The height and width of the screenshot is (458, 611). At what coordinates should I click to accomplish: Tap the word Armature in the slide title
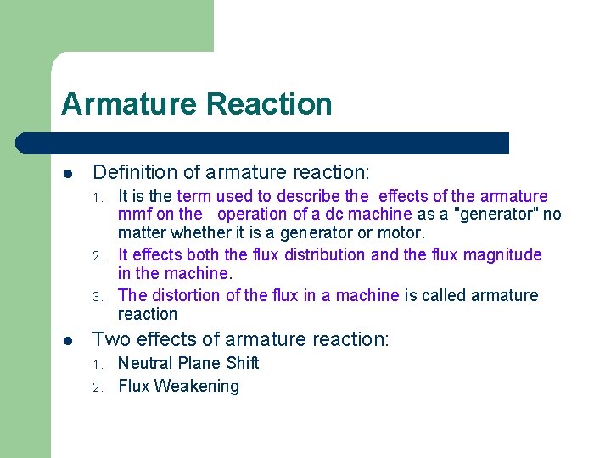click(x=129, y=104)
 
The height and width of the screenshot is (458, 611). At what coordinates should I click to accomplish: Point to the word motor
click(x=401, y=232)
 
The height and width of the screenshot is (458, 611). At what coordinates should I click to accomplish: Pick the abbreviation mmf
click(x=135, y=215)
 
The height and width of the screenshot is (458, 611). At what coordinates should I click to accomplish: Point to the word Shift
click(x=242, y=363)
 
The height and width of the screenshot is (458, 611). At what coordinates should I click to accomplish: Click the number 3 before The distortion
click(x=98, y=297)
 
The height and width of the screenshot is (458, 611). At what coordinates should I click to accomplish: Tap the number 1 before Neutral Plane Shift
click(x=98, y=365)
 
